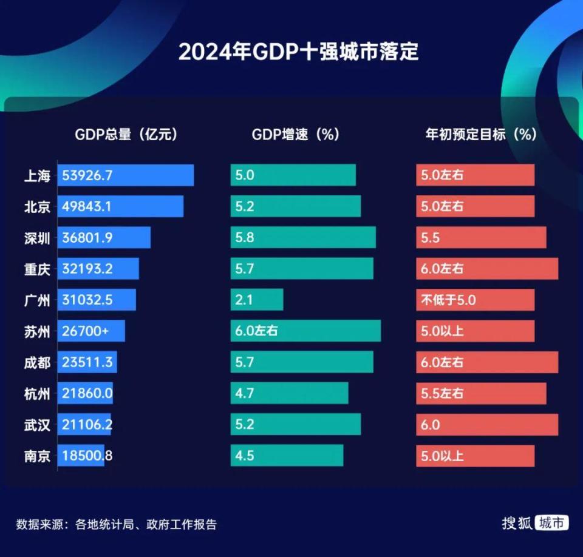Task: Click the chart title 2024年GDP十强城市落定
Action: (x=298, y=52)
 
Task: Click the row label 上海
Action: (x=37, y=175)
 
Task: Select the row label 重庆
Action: (x=37, y=269)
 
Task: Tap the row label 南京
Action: (x=37, y=456)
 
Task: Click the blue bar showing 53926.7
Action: (x=126, y=175)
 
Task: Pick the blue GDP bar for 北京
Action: (x=120, y=206)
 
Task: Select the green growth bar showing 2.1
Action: (x=257, y=300)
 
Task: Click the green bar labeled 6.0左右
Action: (x=305, y=331)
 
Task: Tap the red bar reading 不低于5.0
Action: (x=475, y=300)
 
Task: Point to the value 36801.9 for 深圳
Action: (x=87, y=238)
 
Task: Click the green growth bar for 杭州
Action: (x=289, y=393)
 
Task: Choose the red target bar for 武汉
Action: (x=486, y=425)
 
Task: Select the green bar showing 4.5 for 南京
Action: (x=287, y=456)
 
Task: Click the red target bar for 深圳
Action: (x=481, y=238)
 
